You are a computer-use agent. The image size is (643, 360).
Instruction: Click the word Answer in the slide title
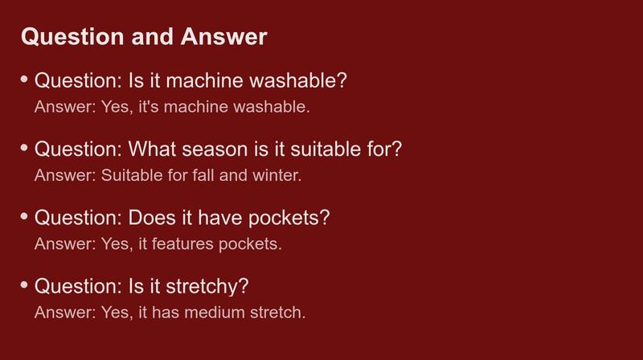[x=224, y=36]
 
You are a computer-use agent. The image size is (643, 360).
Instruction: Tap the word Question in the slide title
[x=72, y=37]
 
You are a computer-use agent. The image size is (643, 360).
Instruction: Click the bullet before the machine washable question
[x=24, y=79]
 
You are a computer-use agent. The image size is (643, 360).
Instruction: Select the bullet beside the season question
[x=24, y=147]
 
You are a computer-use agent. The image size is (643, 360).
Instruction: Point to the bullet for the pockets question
[x=24, y=215]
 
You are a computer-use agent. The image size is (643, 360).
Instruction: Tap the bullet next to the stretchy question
[x=24, y=284]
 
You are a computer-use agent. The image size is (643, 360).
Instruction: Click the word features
[x=183, y=244]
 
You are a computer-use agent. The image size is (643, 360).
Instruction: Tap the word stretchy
[x=207, y=287]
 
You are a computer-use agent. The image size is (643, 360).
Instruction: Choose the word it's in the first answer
[x=149, y=107]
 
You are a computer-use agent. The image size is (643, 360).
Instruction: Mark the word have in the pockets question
[x=220, y=217]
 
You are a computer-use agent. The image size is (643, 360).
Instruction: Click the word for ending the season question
[x=384, y=149]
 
